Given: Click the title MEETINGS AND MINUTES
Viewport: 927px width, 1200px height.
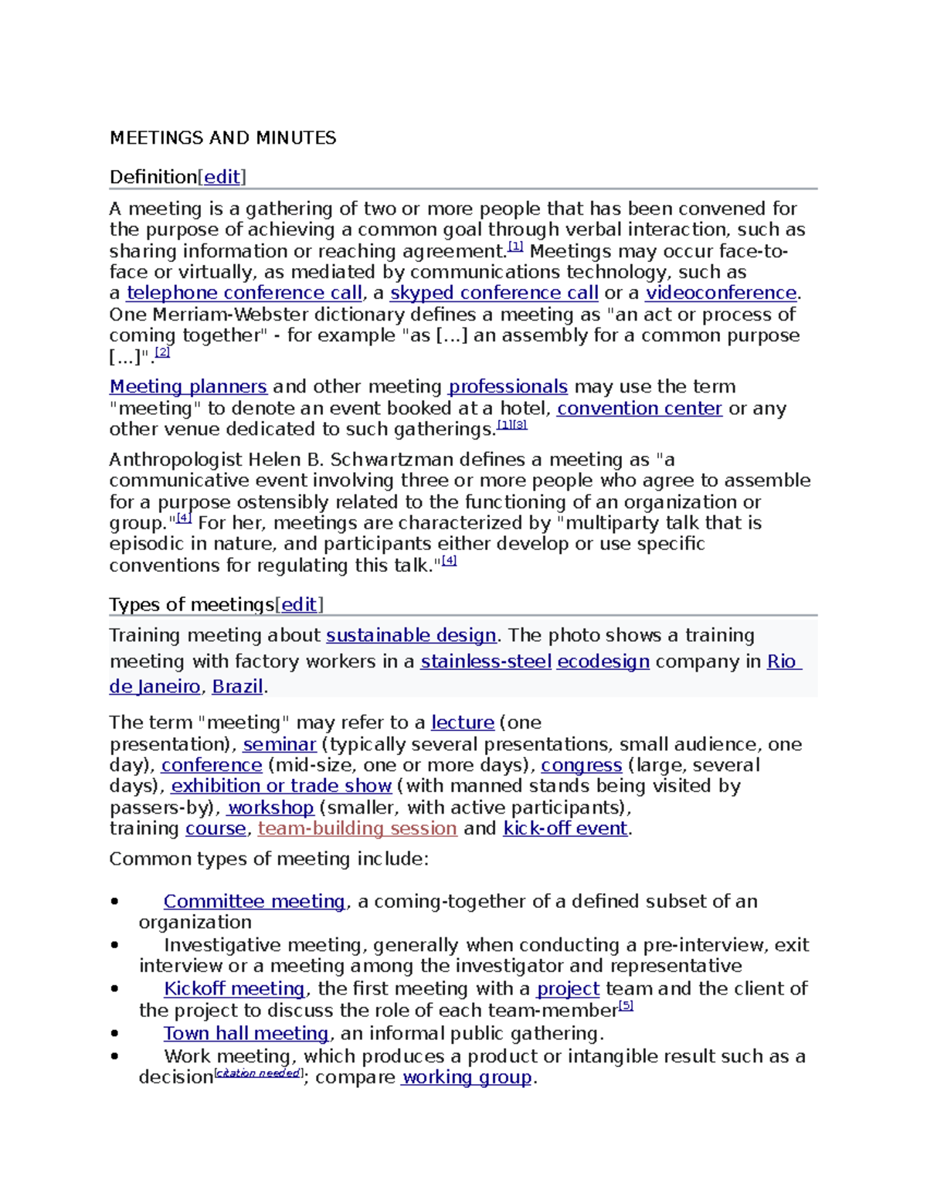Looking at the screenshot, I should (222, 138).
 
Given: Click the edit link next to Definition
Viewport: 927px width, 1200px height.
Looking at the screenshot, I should (222, 177).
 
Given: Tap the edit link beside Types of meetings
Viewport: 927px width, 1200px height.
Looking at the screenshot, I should (299, 604).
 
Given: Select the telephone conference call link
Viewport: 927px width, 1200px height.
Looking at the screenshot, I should (244, 293).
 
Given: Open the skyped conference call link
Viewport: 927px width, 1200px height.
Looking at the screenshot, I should (494, 293).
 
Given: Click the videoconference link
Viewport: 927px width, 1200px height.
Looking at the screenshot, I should (721, 293).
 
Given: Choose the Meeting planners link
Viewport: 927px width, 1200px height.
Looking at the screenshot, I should (188, 386).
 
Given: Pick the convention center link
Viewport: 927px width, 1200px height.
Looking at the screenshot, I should (639, 408).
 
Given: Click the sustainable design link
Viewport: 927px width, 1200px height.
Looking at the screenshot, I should (411, 635).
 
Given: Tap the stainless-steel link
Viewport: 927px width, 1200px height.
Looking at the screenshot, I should (486, 661).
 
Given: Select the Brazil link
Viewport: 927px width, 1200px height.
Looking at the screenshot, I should (237, 686).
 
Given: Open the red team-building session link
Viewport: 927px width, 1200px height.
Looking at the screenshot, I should (357, 828).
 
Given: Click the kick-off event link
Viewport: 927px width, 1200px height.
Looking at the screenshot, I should (565, 828).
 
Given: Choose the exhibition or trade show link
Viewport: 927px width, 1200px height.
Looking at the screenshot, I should (281, 786).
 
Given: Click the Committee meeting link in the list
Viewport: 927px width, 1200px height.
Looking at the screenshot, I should (254, 901).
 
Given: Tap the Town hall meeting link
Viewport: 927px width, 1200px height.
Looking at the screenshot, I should (246, 1033).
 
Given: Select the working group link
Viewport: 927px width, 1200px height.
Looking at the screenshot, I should (467, 1077).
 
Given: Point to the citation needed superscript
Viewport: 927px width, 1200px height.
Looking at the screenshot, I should (258, 1073).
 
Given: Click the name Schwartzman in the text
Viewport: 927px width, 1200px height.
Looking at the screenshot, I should (389, 460).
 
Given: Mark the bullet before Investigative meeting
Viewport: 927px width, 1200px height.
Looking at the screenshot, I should (115, 945).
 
